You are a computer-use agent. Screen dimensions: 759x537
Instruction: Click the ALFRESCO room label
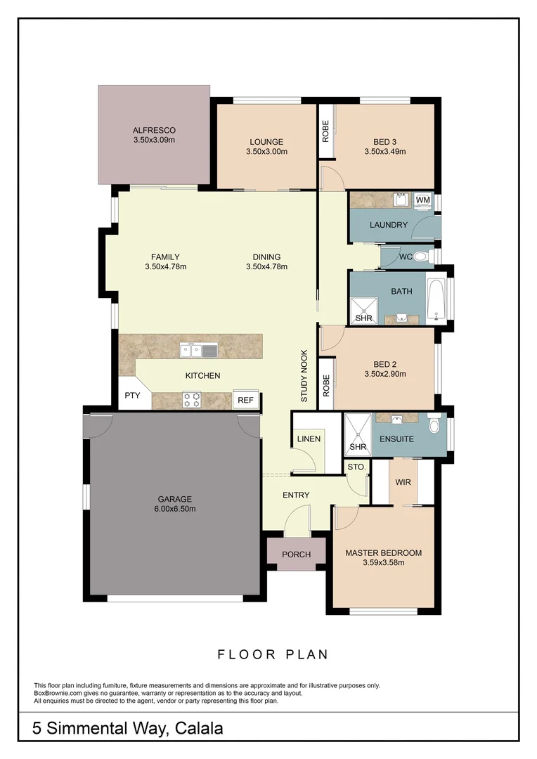click(x=154, y=130)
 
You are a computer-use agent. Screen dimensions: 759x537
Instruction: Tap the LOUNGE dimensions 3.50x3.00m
click(x=266, y=151)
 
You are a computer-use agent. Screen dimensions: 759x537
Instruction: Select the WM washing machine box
click(x=422, y=200)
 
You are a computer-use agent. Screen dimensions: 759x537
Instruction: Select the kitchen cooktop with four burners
click(x=192, y=399)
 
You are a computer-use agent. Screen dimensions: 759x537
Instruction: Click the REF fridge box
click(x=245, y=400)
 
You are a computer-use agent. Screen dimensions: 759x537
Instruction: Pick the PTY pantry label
click(x=133, y=395)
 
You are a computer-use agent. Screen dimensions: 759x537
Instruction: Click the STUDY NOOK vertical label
click(x=304, y=376)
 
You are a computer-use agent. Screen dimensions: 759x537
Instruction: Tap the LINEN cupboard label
click(x=309, y=439)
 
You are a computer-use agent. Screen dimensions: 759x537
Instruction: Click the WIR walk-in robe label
click(x=403, y=483)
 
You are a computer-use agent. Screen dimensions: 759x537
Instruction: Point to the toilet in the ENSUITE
click(x=434, y=424)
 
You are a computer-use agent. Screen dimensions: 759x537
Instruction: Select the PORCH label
click(x=296, y=554)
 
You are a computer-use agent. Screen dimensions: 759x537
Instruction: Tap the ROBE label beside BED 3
click(x=325, y=132)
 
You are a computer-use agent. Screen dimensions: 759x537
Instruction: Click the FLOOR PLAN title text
click(x=273, y=654)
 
